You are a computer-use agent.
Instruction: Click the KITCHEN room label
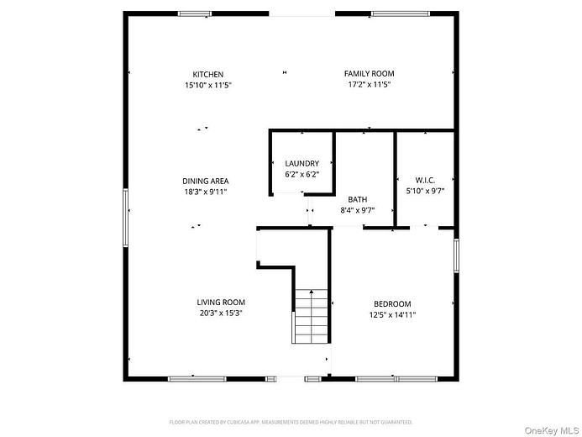click(x=207, y=74)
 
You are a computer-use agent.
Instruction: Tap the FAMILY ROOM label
click(x=369, y=74)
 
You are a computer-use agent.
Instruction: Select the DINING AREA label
click(x=206, y=181)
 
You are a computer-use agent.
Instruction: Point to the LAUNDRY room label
click(x=301, y=163)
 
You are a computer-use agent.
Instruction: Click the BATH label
click(x=358, y=199)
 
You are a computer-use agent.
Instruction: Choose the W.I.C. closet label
click(x=424, y=180)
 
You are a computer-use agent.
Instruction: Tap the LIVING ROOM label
click(x=221, y=303)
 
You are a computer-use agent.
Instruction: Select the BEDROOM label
click(x=392, y=304)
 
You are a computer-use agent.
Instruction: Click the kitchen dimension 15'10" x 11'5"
click(x=207, y=85)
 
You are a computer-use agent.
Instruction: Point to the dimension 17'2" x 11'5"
click(x=369, y=85)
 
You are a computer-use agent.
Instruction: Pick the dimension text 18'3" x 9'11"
click(x=206, y=192)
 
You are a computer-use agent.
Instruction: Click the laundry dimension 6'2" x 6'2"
click(x=301, y=174)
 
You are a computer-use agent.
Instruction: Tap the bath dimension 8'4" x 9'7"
click(x=358, y=210)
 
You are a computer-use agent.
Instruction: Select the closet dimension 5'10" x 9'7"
click(x=424, y=191)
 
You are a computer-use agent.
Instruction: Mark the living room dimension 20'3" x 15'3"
click(x=221, y=313)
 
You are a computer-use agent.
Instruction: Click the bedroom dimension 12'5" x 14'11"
click(x=392, y=315)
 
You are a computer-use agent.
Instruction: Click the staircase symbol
click(x=311, y=315)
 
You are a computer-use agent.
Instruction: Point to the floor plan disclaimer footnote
click(x=291, y=422)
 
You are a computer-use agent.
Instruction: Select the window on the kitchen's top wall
click(x=195, y=13)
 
